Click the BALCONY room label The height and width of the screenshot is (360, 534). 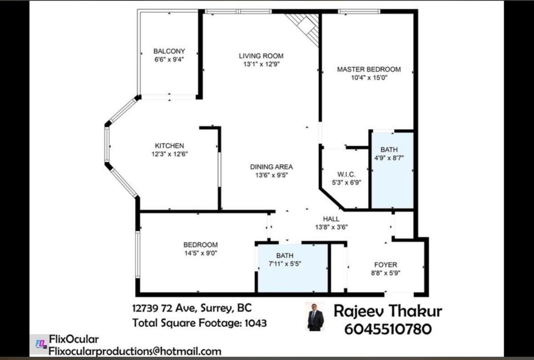click(169, 51)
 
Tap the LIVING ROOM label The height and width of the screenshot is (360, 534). click(261, 56)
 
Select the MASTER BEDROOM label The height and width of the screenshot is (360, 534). click(368, 69)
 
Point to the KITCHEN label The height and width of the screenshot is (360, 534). click(169, 146)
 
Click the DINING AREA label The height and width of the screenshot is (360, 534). click(271, 167)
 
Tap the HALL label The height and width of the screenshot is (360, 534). click(331, 218)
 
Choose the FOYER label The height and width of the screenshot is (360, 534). click(385, 265)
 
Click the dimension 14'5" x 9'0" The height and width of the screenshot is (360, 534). click(201, 253)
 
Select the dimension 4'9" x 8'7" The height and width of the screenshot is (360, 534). click(389, 158)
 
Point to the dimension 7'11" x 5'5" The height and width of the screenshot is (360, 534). click(285, 263)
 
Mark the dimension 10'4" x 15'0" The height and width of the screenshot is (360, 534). click(368, 77)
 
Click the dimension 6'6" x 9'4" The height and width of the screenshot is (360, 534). click(169, 59)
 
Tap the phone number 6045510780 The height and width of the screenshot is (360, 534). click(388, 329)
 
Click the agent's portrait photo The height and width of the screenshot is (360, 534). click(316, 317)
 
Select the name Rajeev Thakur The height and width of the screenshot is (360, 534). click(388, 311)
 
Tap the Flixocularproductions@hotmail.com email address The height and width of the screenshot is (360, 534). click(135, 351)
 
